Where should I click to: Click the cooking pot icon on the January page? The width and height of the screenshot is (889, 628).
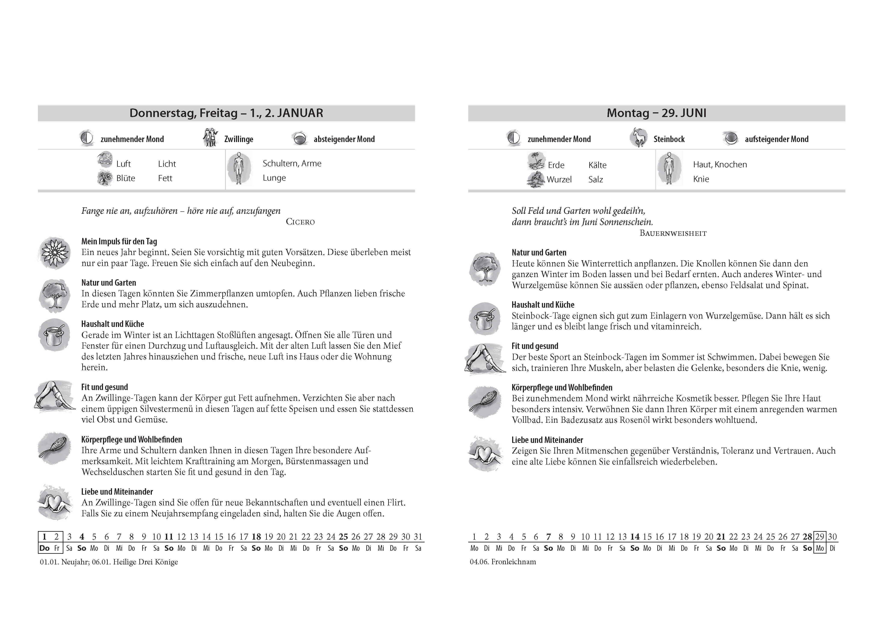coord(55,335)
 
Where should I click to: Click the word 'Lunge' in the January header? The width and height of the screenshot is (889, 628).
coord(274,178)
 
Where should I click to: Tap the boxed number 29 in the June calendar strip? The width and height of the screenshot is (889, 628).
coord(820,537)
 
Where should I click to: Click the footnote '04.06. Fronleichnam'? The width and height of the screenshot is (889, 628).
coord(503,562)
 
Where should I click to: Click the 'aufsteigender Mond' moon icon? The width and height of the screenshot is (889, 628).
coord(731,138)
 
